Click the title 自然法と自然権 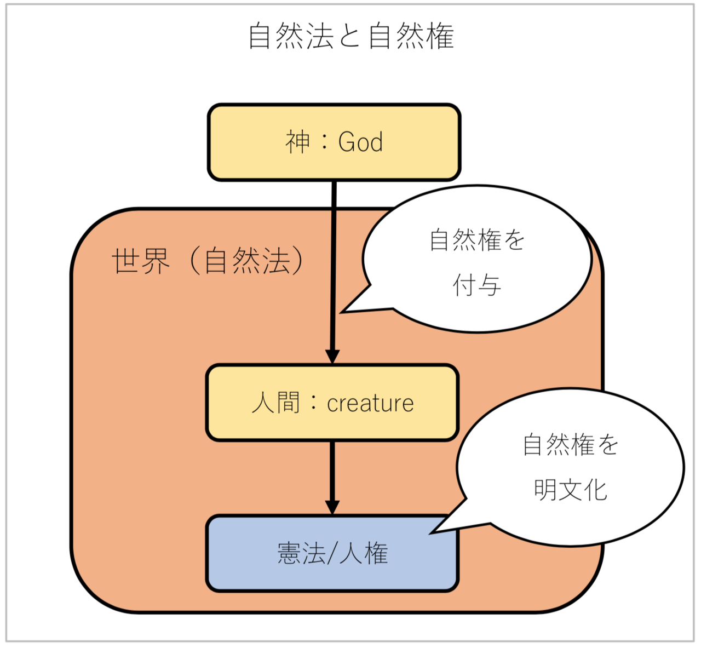pyautogui.click(x=350, y=36)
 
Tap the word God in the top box pyautogui.click(x=360, y=142)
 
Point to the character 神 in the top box pyautogui.click(x=298, y=142)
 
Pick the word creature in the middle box pyautogui.click(x=370, y=404)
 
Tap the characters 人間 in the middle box pyautogui.click(x=276, y=403)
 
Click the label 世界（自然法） pyautogui.click(x=208, y=261)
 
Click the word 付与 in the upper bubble pyautogui.click(x=476, y=285)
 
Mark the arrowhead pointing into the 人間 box pyautogui.click(x=332, y=356)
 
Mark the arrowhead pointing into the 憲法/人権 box pyautogui.click(x=332, y=507)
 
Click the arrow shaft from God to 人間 pyautogui.click(x=333, y=263)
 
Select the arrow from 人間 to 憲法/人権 pyautogui.click(x=332, y=471)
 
